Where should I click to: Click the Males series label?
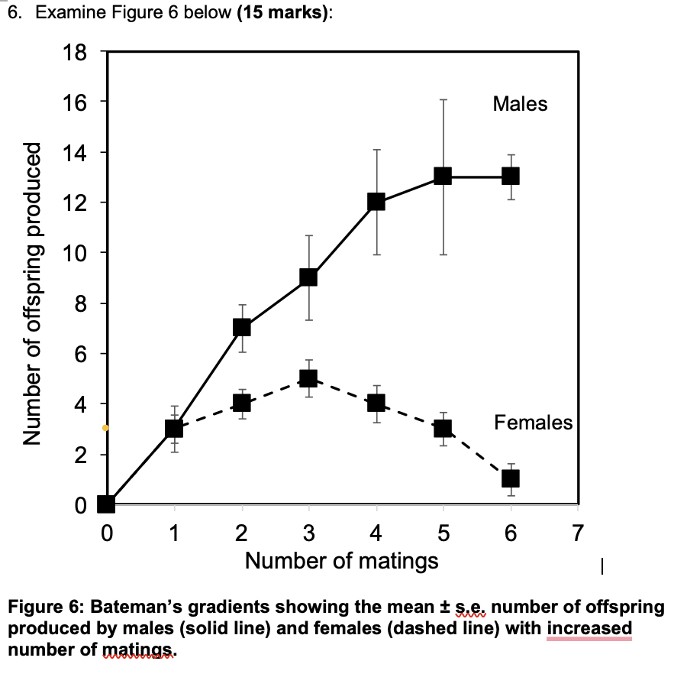point(520,104)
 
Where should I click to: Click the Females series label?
point(533,422)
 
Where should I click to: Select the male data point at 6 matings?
point(510,176)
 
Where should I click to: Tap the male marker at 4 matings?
point(376,202)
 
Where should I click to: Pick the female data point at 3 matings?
point(308,378)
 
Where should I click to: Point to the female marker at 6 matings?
point(510,478)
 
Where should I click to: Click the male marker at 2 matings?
point(242,327)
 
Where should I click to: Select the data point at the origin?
point(106,504)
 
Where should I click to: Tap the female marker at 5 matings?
point(443,428)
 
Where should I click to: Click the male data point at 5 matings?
point(443,176)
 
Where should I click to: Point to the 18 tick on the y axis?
point(79,53)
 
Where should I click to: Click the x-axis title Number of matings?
point(341,561)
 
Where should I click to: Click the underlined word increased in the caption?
point(589,628)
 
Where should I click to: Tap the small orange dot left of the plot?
point(105,428)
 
